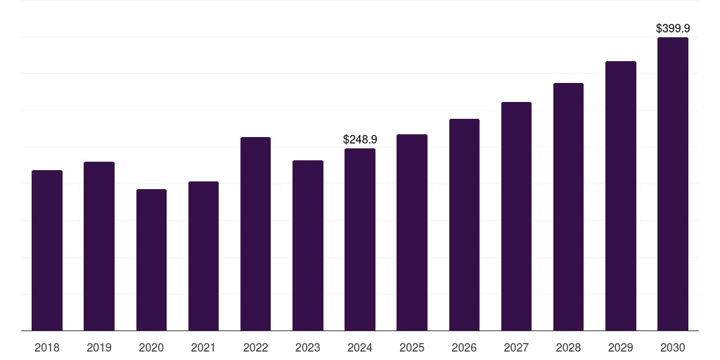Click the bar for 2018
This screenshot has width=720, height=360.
point(47,250)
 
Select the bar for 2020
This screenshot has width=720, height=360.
point(151,260)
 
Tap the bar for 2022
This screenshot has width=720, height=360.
point(255,234)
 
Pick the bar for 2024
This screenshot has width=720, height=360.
point(360,240)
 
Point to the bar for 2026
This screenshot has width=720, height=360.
point(464,225)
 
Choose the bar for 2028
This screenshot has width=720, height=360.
point(568,207)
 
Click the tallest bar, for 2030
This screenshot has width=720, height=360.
point(673,184)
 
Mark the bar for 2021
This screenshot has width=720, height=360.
point(203,256)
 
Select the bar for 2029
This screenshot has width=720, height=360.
point(621,196)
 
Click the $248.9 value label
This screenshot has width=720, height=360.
point(360,140)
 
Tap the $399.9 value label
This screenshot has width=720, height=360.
point(673,29)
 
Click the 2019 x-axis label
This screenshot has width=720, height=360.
point(99,348)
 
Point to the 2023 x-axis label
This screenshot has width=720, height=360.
point(307,348)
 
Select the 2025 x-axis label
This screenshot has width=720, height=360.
point(412,348)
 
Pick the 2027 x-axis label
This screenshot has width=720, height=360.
point(516,348)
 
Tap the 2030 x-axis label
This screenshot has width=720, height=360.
point(673,348)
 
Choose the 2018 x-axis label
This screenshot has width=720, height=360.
point(47,348)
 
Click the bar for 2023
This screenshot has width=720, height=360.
point(307,245)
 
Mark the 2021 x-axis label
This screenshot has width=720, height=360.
point(203,348)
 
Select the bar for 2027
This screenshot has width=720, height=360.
point(516,217)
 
